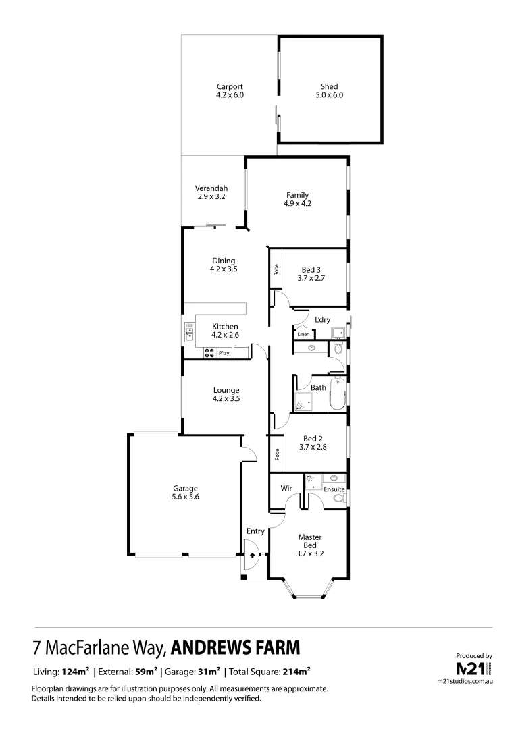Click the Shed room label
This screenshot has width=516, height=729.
coord(329,86)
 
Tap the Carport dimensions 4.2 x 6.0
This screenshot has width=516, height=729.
coord(230,96)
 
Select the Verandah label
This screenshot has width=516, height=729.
coord(211,188)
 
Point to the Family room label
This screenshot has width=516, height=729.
coord(297,194)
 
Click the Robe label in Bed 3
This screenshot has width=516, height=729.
coord(276,269)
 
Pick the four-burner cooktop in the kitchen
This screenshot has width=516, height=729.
coord(209,352)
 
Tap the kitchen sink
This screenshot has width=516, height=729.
coord(190,331)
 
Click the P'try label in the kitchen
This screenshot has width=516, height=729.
coord(224,352)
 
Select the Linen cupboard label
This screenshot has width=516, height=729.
coord(303,334)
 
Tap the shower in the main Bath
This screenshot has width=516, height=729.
coord(303,402)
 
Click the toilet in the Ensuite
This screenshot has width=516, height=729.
coord(339,497)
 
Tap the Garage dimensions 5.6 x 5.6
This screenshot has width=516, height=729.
coord(184,496)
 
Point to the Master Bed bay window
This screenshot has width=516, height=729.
coord(310,591)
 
